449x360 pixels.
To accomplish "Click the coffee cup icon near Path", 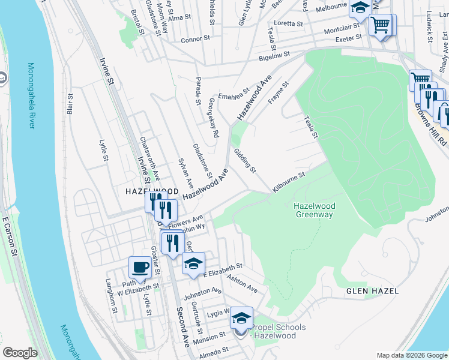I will pos(140,267).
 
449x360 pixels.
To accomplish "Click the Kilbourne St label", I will pos(289,182).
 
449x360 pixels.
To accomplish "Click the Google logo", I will pos(20,353).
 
